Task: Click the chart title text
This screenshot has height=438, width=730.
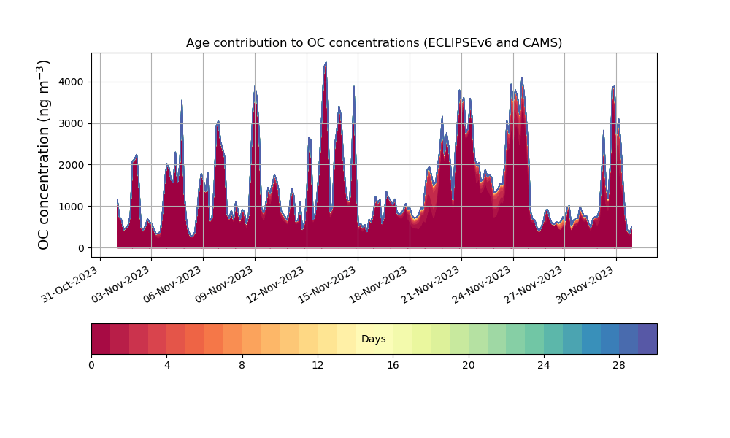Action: coord(374,42)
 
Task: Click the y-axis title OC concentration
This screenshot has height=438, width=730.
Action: coord(44,155)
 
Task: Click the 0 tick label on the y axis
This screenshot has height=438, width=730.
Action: coord(81,248)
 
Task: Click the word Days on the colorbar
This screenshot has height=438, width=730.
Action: coord(374,339)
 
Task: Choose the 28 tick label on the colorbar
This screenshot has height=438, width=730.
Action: coord(619,365)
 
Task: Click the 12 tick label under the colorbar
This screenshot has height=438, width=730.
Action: coord(318,365)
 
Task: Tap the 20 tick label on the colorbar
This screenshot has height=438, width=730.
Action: coord(468,365)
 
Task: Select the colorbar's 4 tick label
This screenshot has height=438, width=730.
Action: coord(166,365)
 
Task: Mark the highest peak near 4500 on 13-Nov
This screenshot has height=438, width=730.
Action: coord(326,63)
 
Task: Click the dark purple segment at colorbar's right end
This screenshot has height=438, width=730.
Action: coord(648,339)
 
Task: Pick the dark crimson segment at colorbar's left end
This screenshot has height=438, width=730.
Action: coord(101,339)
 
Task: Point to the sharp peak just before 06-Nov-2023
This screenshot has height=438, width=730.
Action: coord(182,101)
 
